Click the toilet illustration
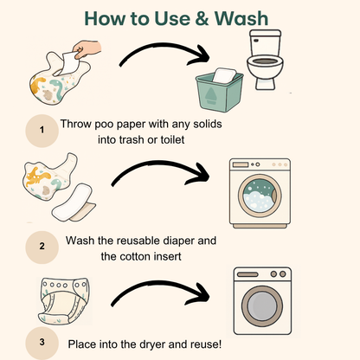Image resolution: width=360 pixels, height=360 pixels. click(x=265, y=60)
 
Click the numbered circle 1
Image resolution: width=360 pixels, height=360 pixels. click(x=42, y=131)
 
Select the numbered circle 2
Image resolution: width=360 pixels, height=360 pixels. click(x=42, y=247)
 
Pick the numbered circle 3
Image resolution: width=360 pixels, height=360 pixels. click(x=42, y=343)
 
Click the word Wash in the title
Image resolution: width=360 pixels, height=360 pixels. click(x=241, y=18)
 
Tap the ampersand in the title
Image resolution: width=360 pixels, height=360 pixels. click(x=202, y=19)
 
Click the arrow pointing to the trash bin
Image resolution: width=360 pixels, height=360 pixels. click(x=163, y=47)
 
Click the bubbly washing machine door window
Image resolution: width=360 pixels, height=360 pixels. click(x=259, y=196)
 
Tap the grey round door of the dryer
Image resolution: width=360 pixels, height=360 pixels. click(x=262, y=306)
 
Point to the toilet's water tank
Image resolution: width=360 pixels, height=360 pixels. click(x=266, y=42)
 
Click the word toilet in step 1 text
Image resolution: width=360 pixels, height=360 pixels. click(x=172, y=140)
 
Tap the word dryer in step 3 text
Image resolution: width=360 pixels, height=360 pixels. click(x=152, y=344)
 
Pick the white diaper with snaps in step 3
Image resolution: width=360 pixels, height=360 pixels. click(x=64, y=300)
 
